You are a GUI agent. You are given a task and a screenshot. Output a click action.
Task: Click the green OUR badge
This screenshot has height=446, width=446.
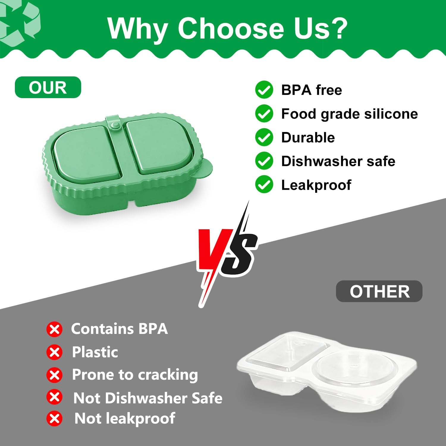point(48,87)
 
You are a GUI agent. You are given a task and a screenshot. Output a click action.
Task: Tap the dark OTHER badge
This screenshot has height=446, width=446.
point(379,291)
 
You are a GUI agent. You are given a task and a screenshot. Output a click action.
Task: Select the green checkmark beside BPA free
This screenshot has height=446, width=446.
point(264,90)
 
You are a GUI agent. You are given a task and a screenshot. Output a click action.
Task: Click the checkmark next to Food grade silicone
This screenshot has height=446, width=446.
point(264,114)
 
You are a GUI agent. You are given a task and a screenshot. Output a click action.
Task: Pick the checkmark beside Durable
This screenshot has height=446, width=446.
point(264,137)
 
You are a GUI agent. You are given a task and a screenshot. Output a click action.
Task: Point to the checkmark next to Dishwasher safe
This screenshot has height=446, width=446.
point(264,161)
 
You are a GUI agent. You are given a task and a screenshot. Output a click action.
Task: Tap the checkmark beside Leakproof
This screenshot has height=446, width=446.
point(264,184)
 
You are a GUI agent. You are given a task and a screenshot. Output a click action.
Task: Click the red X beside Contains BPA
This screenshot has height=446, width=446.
point(54,329)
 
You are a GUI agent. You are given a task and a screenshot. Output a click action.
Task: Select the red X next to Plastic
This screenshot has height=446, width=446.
point(54,352)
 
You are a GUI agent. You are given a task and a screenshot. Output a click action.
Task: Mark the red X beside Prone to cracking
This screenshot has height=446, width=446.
point(54,375)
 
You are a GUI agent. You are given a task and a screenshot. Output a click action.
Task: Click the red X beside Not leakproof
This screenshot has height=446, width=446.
point(54,419)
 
